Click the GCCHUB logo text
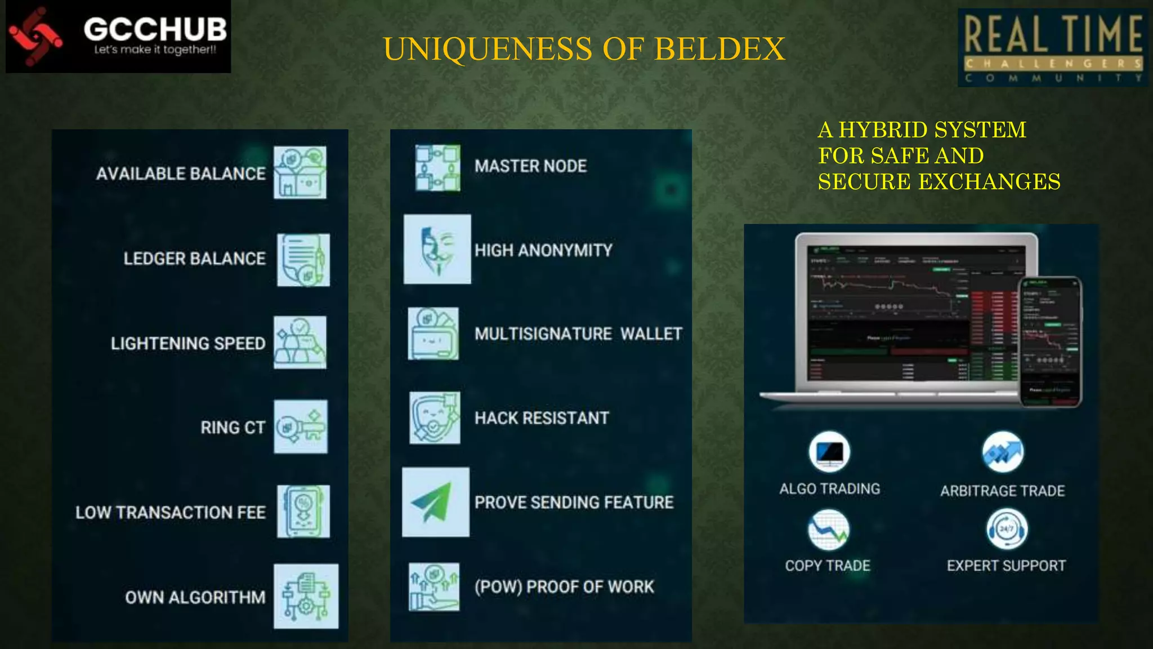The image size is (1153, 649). pos(155,29)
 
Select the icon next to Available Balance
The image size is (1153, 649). pos(300,172)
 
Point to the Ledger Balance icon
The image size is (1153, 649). pos(303,260)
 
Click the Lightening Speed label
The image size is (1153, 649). pos(188,343)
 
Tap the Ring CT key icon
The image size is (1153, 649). pos(301,426)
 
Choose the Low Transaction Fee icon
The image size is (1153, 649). pos(303,512)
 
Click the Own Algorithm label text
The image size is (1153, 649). pos(195,597)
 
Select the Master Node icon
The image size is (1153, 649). pos(437,168)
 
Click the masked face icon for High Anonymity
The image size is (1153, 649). pos(437,249)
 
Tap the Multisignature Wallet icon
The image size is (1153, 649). pos(433,334)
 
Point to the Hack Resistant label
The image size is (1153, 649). pos(542,418)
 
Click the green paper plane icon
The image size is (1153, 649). pos(435,501)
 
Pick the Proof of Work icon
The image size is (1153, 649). pos(434,587)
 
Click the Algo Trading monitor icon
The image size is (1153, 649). pos(829,452)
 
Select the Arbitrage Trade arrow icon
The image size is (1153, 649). pos(1003,452)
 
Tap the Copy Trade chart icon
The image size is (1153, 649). pos(828,530)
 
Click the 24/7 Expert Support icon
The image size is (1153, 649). pos(1006,529)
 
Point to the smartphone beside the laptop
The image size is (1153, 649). pos(1051,341)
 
